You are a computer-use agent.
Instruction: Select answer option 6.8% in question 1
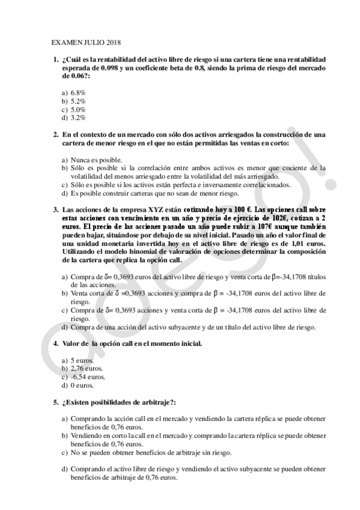point(78,93)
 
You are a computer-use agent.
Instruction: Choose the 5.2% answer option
point(78,102)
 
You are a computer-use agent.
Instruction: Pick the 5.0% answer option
point(78,110)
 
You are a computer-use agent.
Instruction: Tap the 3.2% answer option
point(78,118)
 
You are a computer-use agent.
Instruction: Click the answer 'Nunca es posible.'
point(96,160)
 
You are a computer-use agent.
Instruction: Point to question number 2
point(56,135)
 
